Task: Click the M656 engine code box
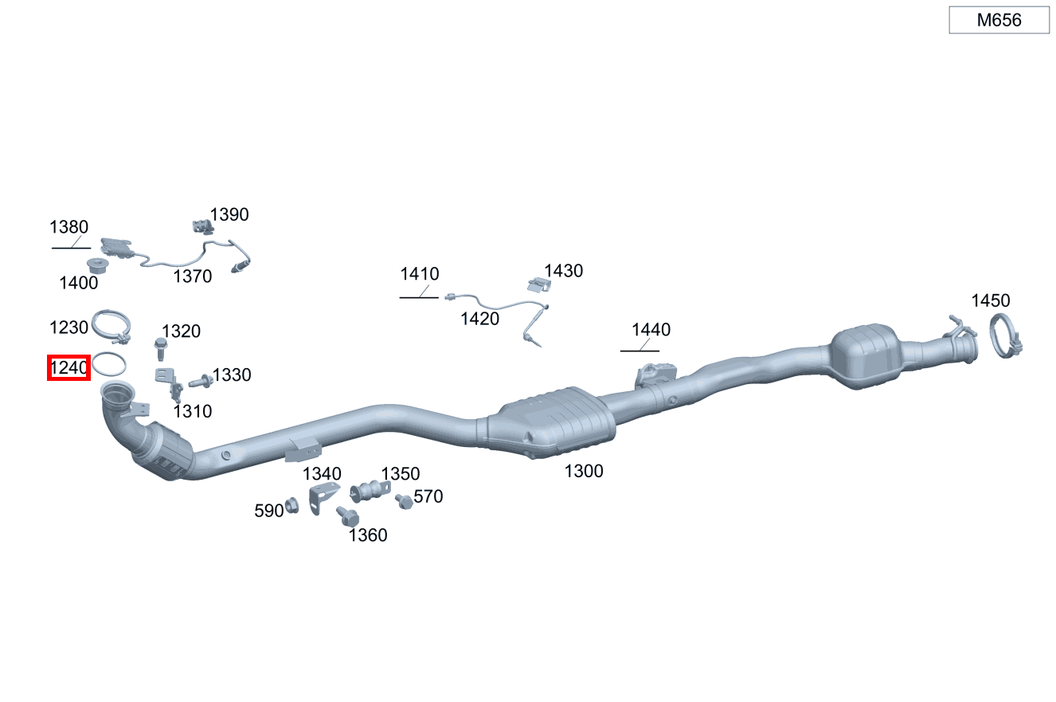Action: [999, 20]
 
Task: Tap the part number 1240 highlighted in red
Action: [68, 367]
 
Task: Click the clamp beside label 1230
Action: [111, 326]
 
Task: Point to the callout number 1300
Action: [584, 471]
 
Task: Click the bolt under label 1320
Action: [161, 349]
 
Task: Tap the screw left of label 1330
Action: [201, 382]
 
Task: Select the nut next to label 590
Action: [291, 505]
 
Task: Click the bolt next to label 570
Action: [404, 501]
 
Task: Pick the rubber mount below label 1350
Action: [370, 491]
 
